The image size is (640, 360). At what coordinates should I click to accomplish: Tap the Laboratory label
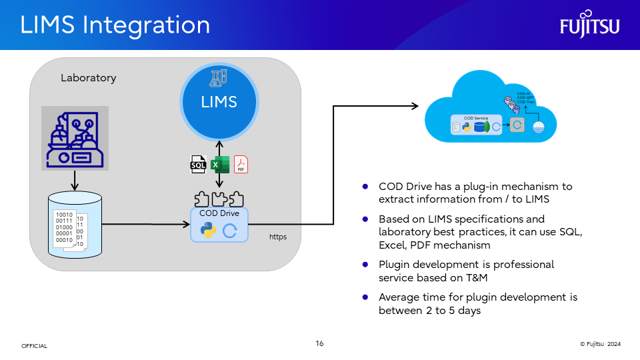coord(88,78)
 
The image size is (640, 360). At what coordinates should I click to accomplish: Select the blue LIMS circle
coord(219,102)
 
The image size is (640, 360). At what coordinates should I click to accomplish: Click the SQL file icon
coord(199,164)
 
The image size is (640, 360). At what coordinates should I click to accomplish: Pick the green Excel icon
coord(219,164)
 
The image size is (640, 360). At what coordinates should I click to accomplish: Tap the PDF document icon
coord(240,164)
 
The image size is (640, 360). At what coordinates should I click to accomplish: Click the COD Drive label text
coord(219,214)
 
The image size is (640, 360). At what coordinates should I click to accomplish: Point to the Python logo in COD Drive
coord(209,230)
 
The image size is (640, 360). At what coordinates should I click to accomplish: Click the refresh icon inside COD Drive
coord(231,231)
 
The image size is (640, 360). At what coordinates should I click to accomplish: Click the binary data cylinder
coord(75,225)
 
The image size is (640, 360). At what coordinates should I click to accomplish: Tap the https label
coord(278,237)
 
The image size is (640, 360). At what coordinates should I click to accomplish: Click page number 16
coord(319,343)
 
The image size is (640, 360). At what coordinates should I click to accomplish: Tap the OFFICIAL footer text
coord(34,346)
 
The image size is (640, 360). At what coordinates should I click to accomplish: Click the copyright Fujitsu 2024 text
coord(600,344)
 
